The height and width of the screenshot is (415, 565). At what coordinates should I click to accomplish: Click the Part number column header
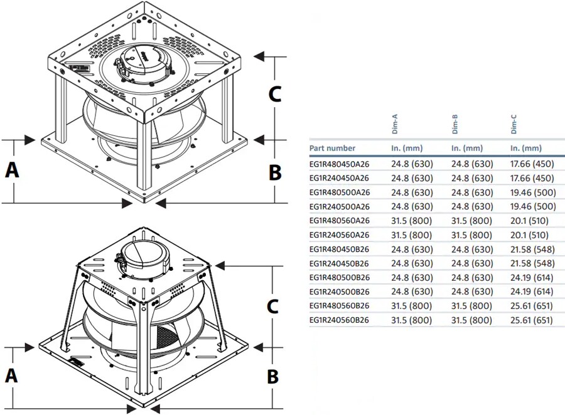pyautogui.click(x=332, y=149)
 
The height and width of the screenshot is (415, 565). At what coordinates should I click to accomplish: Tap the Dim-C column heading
pyautogui.click(x=514, y=125)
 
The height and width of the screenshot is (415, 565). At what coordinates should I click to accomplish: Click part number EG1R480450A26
pyautogui.click(x=339, y=164)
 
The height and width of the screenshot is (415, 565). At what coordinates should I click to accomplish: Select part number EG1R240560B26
pyautogui.click(x=339, y=320)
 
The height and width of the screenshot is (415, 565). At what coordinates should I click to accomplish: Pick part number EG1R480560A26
pyautogui.click(x=339, y=221)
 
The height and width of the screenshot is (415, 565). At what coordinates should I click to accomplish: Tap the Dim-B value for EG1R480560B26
pyautogui.click(x=472, y=306)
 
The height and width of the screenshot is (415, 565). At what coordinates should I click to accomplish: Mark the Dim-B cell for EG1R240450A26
pyautogui.click(x=472, y=178)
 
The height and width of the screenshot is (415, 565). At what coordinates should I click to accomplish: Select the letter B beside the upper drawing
pyautogui.click(x=274, y=171)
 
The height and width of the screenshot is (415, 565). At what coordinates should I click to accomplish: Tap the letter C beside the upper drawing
pyautogui.click(x=274, y=94)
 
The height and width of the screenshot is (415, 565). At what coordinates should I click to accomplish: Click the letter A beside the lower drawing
pyautogui.click(x=11, y=376)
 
